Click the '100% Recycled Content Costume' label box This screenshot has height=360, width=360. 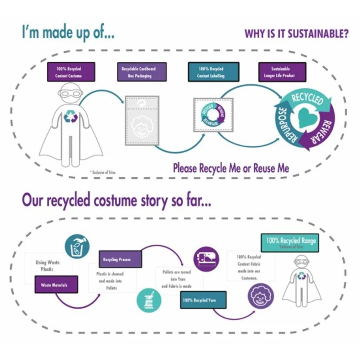point(71,72)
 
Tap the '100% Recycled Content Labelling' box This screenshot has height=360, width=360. point(213,72)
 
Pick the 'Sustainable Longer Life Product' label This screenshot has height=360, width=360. point(282,72)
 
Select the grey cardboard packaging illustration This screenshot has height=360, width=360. point(142,120)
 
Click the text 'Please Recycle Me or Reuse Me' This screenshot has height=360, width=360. point(231,168)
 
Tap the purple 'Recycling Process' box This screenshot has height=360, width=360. point(120,259)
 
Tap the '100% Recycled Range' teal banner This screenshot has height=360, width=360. point(290,242)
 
